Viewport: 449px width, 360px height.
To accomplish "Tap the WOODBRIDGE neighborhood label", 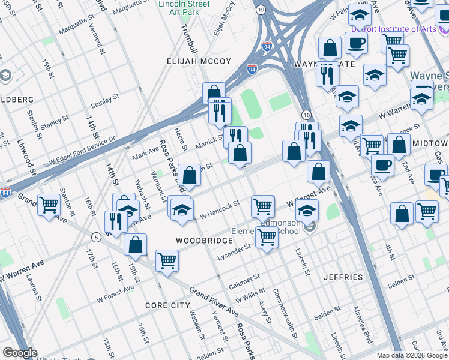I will (x=204, y=240).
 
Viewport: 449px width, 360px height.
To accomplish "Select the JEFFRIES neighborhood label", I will (x=343, y=277).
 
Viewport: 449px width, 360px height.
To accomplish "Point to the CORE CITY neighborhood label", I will (x=167, y=305).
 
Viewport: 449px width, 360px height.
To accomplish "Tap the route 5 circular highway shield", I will (x=95, y=238).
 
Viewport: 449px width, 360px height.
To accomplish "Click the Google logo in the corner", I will (x=20, y=353).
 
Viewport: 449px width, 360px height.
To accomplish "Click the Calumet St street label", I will (x=244, y=281).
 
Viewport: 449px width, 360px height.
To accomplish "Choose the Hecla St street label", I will (x=178, y=142).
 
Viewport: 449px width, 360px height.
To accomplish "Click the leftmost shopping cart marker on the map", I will (x=49, y=205).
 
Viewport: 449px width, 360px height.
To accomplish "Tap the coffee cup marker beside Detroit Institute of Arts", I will (x=356, y=43).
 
